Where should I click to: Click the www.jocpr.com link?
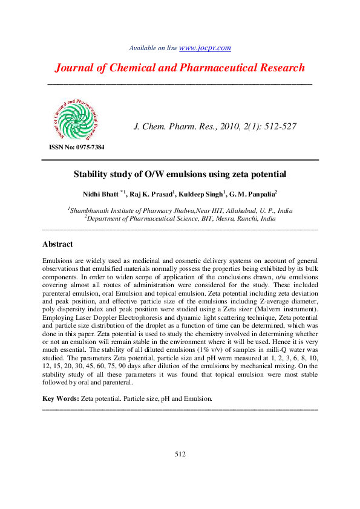[x=205, y=48]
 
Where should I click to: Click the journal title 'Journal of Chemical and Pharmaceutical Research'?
[x=180, y=68]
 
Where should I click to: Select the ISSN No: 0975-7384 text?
[x=76, y=148]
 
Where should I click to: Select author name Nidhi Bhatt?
[x=101, y=195]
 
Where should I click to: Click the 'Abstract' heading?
[x=57, y=244]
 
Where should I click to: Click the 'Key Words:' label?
[x=61, y=399]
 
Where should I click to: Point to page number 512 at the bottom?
[x=180, y=454]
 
